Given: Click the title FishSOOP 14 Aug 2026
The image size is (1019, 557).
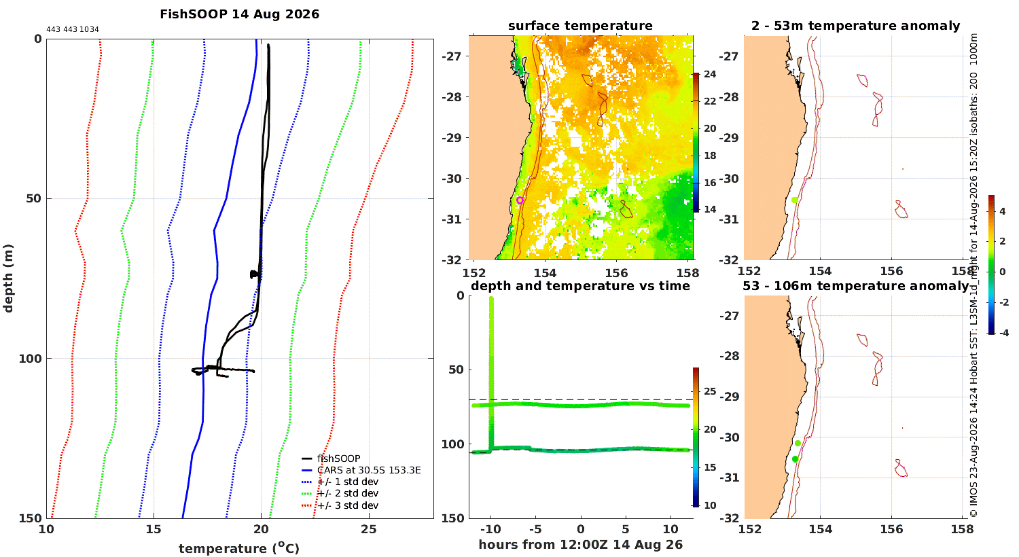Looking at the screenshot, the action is coord(239,14).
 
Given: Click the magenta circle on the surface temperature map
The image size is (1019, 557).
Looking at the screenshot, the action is coord(520,200).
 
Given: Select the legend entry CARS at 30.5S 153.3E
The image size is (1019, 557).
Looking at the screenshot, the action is coord(369,470).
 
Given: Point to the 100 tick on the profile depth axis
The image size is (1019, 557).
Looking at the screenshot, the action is coord(30,359).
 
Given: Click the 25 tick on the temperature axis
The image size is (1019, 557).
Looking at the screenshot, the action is coord(369,529).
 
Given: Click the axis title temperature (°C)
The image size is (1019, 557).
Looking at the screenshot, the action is coord(239,548).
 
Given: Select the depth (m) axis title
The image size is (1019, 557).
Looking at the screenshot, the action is coord(8,278).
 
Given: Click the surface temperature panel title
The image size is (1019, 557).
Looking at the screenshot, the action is coord(580,26).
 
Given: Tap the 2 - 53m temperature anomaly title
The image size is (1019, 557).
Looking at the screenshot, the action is coord(856,26).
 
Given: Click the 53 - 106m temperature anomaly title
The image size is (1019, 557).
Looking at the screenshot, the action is coord(856,286).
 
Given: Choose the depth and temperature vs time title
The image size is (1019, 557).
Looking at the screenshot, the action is coord(580,286).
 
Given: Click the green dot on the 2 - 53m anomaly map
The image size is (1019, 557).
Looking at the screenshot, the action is coord(795,200).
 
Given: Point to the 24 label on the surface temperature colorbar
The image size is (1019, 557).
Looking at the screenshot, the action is coord(710,74).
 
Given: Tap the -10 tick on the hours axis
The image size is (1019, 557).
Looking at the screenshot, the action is coord(491,529).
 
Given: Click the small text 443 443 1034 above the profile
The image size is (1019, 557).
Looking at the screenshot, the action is coord(73,30).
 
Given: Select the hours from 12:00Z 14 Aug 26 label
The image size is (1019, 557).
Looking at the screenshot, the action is coord(581,544).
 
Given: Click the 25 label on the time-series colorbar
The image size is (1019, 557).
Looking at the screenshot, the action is coord(710,391).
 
